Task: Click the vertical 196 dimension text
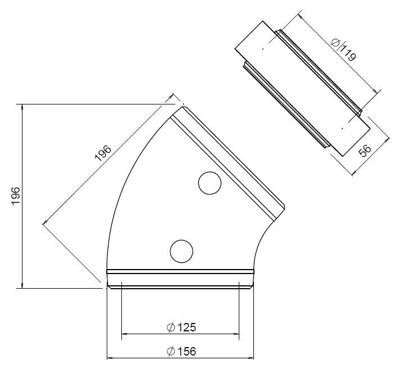[x=15, y=196]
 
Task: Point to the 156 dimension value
[x=185, y=352]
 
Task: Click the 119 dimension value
[x=348, y=54]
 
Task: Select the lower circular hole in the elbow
[x=181, y=250]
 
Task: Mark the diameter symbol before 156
[x=170, y=352]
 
